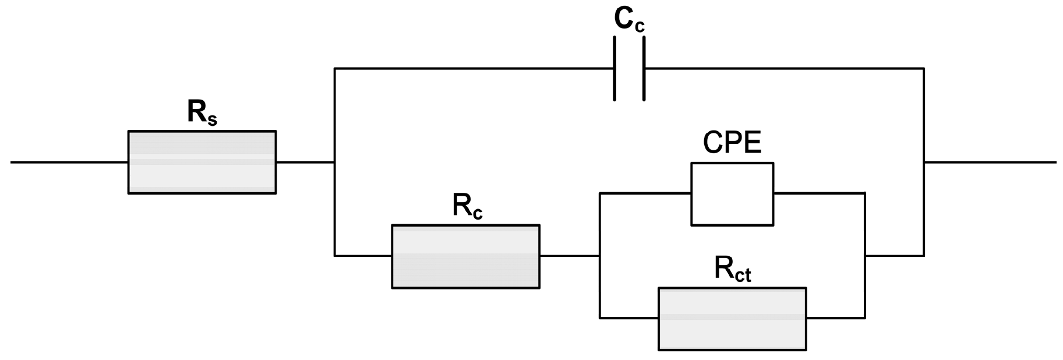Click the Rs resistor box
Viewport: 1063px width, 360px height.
202,162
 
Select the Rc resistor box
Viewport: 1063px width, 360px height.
465,256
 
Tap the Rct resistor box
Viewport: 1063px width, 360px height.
732,319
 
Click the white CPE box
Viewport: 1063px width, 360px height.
732,194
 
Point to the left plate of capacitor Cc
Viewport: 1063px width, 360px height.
615,69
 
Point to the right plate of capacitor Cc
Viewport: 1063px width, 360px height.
644,69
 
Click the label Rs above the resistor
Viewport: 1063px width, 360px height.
202,112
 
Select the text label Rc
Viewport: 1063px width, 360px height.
467,206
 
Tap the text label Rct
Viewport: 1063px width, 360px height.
732,269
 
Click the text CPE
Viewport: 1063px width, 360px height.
732,142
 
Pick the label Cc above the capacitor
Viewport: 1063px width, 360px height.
629,20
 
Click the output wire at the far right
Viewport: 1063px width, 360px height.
990,162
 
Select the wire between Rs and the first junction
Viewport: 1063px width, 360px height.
305,162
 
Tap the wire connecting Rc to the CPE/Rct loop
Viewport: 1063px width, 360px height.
569,255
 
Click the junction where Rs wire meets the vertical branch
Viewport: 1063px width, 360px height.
334,162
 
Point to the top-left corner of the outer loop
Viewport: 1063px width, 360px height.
334,69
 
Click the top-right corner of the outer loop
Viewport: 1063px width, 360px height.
924,69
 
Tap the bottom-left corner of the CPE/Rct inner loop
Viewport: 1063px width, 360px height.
600,317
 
